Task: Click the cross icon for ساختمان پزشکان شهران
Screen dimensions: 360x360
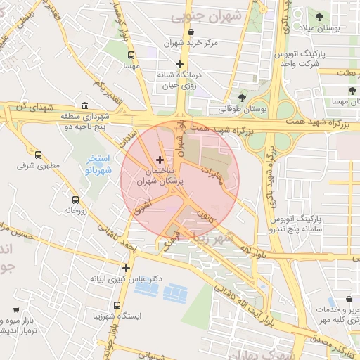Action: (160, 160)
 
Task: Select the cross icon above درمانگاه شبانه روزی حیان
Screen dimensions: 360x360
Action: (180, 65)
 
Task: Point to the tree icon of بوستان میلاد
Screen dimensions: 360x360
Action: (319, 15)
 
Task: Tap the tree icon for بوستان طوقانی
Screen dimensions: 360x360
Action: (243, 97)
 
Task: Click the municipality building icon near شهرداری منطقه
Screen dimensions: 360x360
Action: (84, 105)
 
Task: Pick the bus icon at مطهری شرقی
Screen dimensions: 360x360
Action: (38, 155)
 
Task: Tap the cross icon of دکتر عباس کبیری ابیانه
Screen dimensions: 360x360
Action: (126, 267)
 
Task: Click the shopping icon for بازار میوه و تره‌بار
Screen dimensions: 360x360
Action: (15, 309)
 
